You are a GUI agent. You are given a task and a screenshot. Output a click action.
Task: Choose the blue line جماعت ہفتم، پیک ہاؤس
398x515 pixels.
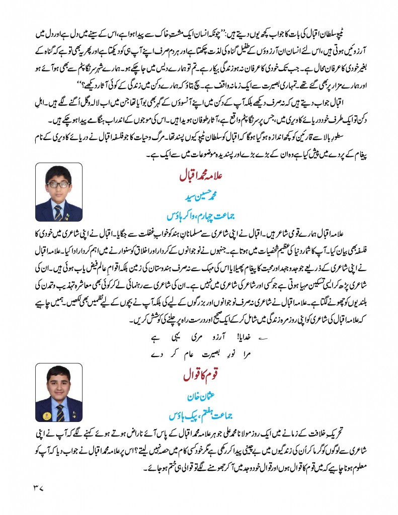coord(199,415)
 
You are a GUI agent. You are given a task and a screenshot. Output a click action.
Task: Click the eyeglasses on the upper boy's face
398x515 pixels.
coord(59,185)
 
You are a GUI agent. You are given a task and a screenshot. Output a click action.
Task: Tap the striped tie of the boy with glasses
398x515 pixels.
coord(59,212)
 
